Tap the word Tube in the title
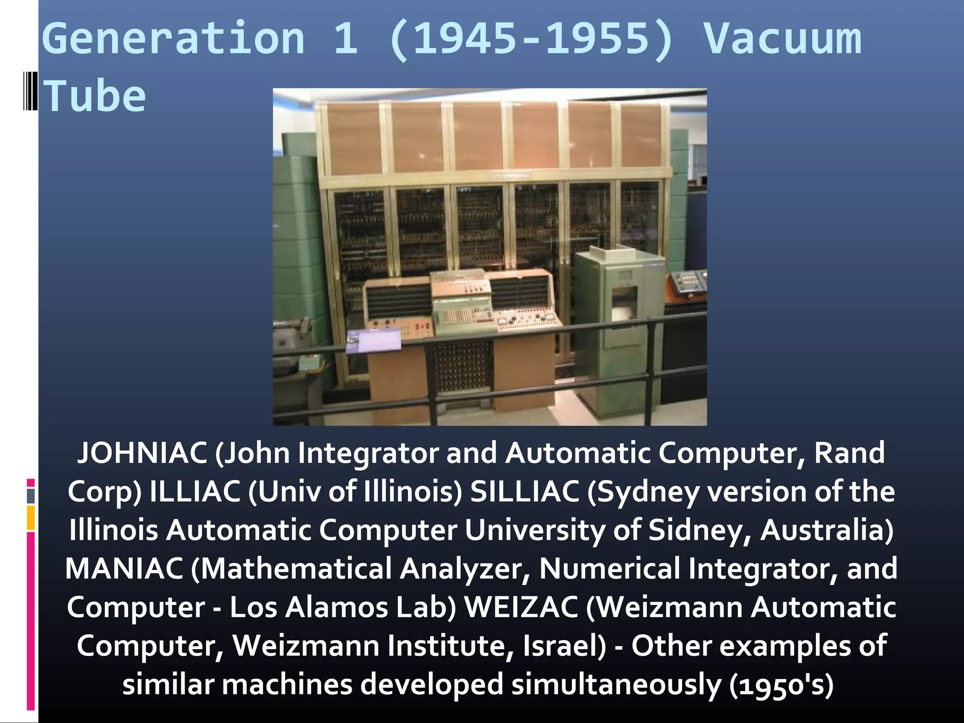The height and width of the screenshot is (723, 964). [95, 96]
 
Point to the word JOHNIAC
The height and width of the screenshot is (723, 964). [142, 453]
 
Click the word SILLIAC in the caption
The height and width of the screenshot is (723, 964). [525, 491]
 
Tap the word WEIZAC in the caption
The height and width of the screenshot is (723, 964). [521, 607]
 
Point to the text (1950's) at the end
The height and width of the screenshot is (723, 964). [781, 685]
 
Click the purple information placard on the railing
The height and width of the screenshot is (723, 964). [373, 340]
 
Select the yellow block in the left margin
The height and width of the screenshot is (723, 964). [31, 518]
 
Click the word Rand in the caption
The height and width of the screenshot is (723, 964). [849, 453]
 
